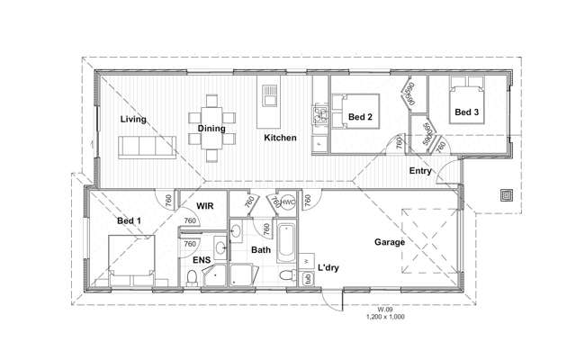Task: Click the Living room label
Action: pyautogui.click(x=134, y=119)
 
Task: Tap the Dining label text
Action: pyautogui.click(x=211, y=129)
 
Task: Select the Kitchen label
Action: pyautogui.click(x=280, y=138)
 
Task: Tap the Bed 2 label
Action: pyautogui.click(x=360, y=117)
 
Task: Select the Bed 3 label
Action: pyautogui.click(x=465, y=112)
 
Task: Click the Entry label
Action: pyautogui.click(x=420, y=170)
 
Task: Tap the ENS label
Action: pyautogui.click(x=201, y=261)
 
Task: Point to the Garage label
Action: pyautogui.click(x=390, y=242)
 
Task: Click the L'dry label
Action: pyautogui.click(x=328, y=268)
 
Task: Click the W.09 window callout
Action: pyautogui.click(x=385, y=310)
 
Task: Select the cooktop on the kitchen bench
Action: pyautogui.click(x=319, y=115)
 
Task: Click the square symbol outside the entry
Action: pyautogui.click(x=506, y=193)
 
